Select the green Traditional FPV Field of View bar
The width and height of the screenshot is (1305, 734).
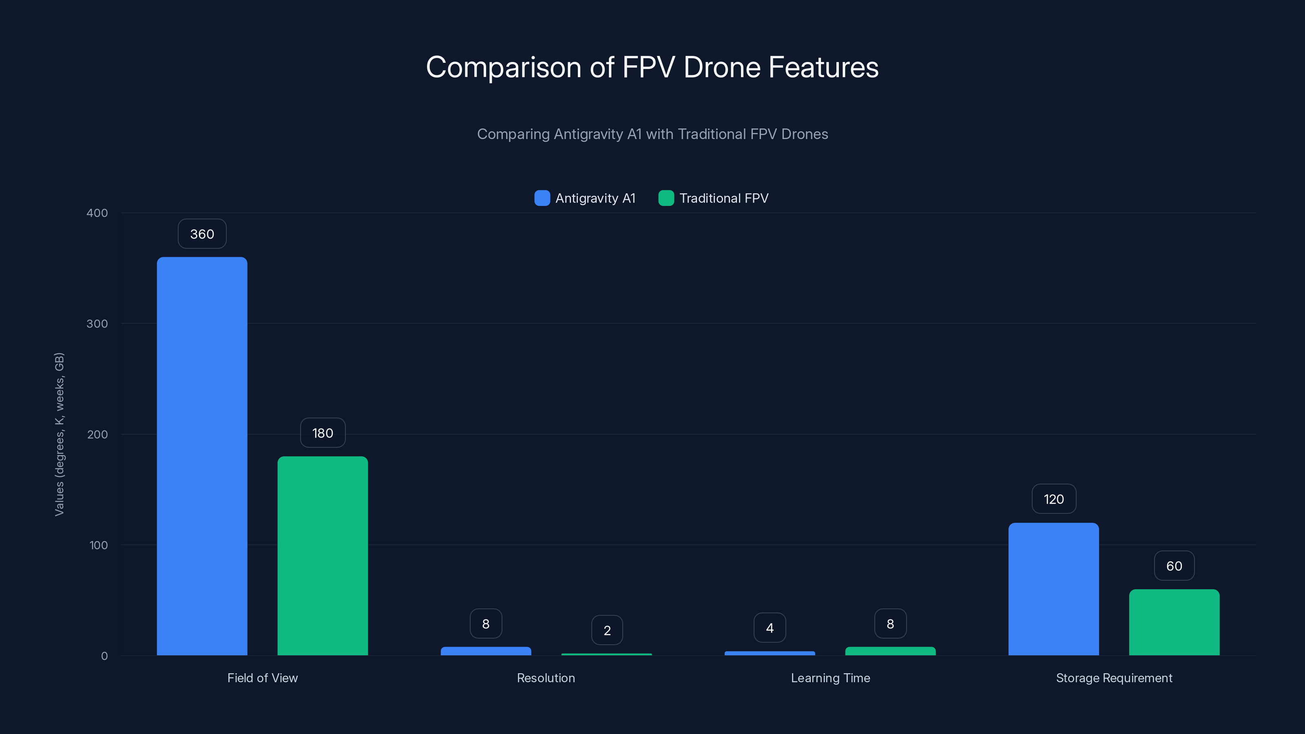(322, 556)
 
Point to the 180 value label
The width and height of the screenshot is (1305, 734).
(322, 433)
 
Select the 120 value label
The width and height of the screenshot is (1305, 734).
(1053, 500)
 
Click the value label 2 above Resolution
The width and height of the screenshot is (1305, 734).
(607, 630)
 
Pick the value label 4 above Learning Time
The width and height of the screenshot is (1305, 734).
(770, 628)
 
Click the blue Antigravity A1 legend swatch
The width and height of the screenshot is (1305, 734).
(542, 198)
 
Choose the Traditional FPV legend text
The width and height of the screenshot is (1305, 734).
(723, 198)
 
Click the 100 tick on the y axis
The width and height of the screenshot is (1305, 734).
(98, 545)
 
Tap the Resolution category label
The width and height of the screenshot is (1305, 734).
(546, 678)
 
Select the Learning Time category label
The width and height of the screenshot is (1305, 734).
(830, 678)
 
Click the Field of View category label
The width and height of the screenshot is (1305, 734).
(262, 678)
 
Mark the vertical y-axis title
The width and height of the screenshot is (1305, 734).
(59, 434)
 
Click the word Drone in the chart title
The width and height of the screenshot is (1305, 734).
(722, 67)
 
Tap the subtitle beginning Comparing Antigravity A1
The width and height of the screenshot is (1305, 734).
(652, 134)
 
